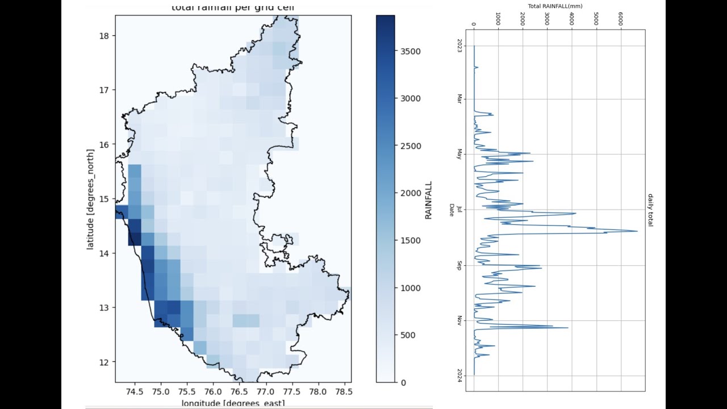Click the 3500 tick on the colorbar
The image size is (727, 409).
pos(410,51)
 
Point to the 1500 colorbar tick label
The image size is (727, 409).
pos(410,240)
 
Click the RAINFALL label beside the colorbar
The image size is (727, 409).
pos(429,200)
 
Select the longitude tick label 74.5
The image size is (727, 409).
pos(135,392)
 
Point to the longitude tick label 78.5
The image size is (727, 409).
pos(344,392)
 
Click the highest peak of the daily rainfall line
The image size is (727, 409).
pos(637,231)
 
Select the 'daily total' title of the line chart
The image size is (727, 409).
pos(650,210)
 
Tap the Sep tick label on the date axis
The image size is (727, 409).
pos(459,265)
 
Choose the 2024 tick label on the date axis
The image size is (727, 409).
pos(459,375)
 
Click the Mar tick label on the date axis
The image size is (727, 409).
pos(459,99)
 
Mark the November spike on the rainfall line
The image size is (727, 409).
pos(567,328)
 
